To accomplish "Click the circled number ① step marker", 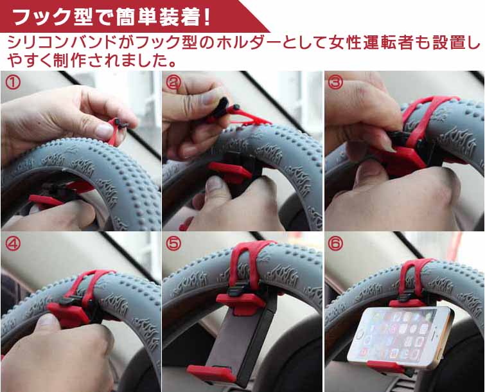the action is click(13, 82).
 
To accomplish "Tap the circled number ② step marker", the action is click(174, 82).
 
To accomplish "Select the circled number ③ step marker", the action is click(335, 82).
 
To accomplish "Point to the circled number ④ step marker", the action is click(13, 244).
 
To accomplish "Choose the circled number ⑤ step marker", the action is click(174, 244).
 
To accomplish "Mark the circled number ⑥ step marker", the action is click(335, 244).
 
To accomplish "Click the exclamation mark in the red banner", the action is click(206, 17).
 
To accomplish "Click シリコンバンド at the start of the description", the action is click(61, 42).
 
